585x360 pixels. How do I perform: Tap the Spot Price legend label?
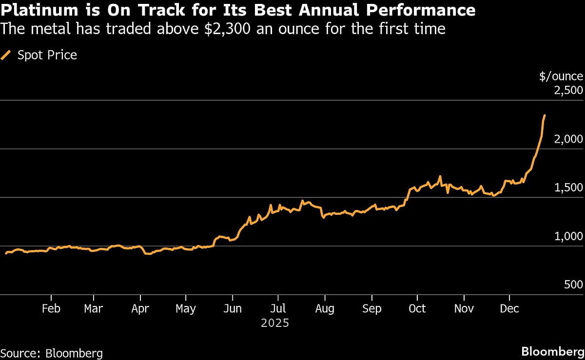(47, 55)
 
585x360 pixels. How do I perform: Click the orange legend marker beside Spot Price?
(6, 55)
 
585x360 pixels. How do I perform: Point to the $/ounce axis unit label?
(561, 76)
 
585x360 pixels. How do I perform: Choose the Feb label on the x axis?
(51, 308)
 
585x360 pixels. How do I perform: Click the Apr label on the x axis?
(140, 308)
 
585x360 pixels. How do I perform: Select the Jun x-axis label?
(233, 308)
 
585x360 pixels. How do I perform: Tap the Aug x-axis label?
(324, 308)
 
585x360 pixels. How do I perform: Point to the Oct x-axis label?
(417, 308)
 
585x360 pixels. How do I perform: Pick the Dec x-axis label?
(509, 308)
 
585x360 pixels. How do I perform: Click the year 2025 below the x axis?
(275, 323)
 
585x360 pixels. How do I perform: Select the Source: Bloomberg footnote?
(52, 353)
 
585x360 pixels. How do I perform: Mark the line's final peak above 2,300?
(545, 115)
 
